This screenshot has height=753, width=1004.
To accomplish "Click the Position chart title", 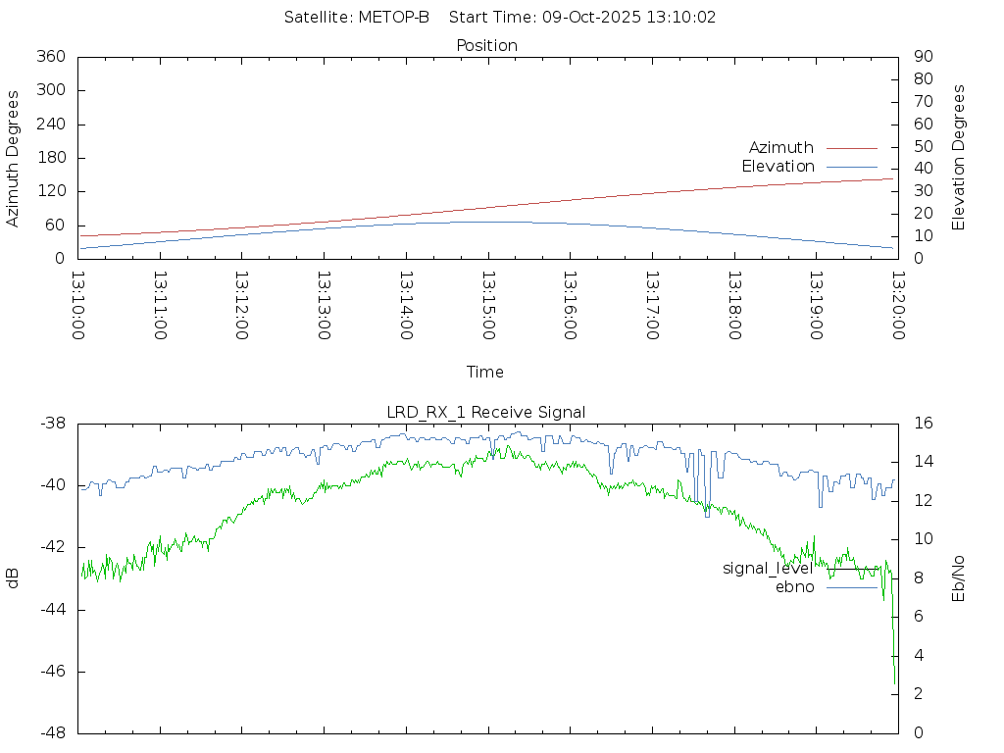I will click(x=487, y=46).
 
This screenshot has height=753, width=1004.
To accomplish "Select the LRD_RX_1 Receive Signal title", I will click(x=486, y=413).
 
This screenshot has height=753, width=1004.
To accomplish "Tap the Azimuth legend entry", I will click(x=781, y=148).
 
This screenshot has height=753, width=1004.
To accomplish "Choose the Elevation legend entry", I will click(x=778, y=167).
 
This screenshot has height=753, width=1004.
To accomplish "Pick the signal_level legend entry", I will click(x=768, y=569).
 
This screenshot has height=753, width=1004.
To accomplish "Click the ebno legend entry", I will click(x=794, y=587).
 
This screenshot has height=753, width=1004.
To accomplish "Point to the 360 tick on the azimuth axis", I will click(x=50, y=57).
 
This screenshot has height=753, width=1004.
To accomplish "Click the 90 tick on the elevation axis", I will click(x=922, y=57).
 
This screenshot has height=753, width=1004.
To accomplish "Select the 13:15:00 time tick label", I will click(x=487, y=306).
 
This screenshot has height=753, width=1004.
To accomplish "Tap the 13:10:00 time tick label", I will click(x=78, y=306).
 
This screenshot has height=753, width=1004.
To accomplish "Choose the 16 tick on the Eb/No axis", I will click(x=923, y=424).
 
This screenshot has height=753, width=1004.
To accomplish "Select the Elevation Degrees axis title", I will click(x=959, y=157).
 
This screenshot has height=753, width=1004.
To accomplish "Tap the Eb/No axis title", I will click(x=959, y=578).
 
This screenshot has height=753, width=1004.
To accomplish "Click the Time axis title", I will click(x=485, y=373).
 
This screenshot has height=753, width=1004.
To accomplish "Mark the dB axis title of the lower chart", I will click(x=13, y=578).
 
